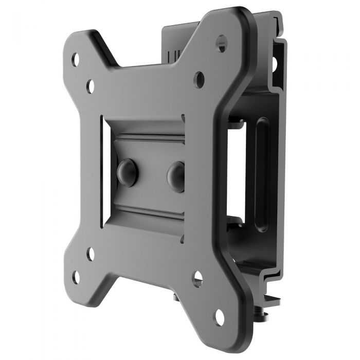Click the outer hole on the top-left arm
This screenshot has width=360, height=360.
pos(76,59)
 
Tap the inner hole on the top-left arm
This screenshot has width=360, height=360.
pos(91,86)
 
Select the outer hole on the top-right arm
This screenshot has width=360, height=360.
pos(221,44)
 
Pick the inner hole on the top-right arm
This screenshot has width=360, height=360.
pos(199,79)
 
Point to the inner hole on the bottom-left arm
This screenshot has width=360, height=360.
pos(90,254)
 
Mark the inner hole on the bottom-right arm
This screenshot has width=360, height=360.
pos(197,279)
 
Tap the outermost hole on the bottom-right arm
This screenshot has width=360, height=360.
pos(220,317)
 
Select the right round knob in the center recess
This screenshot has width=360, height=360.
pos(176,176)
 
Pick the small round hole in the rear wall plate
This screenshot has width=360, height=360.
pos(274,63)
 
